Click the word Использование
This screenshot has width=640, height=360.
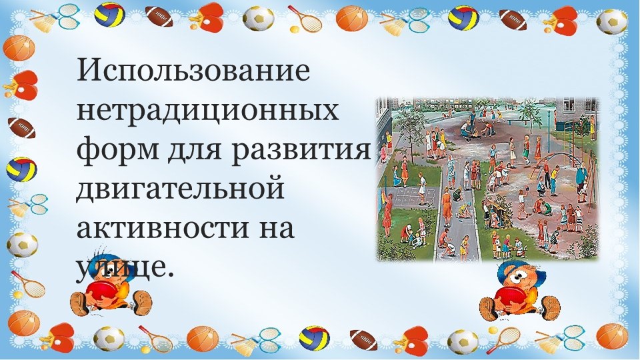pyautogui.click(x=193, y=71)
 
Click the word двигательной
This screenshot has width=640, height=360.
pyautogui.click(x=180, y=189)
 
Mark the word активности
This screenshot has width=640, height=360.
pyautogui.click(x=157, y=228)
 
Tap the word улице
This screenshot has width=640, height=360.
pyautogui.click(x=120, y=268)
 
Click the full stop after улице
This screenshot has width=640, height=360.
pyautogui.click(x=168, y=274)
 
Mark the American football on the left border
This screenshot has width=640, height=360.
pyautogui.click(x=21, y=127)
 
